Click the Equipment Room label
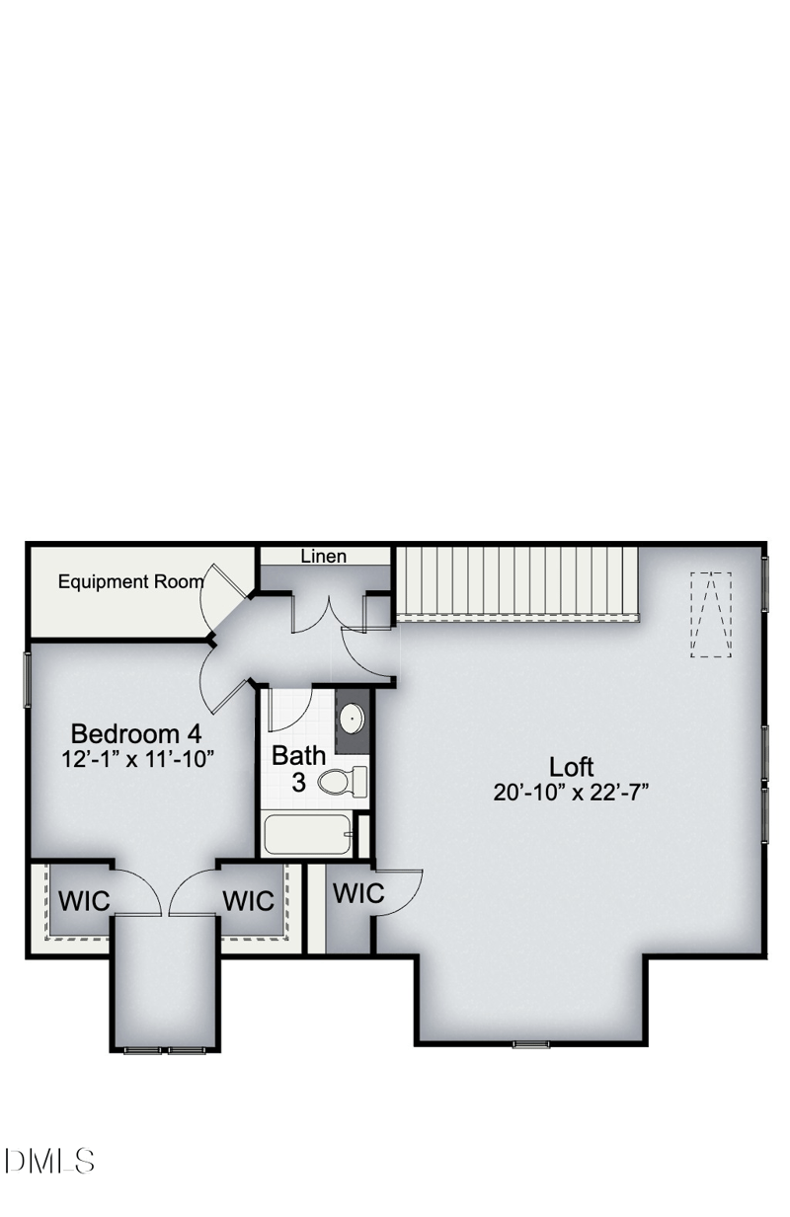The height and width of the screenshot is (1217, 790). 130,581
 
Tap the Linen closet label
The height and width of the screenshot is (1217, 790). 324,557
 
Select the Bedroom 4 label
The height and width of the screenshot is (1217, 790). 136,734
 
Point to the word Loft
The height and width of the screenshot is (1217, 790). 572,767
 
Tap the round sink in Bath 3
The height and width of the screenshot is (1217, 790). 351,717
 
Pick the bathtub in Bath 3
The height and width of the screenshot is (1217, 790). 308,835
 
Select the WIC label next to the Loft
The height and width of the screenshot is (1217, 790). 358,893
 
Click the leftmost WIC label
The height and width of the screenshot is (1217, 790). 84,901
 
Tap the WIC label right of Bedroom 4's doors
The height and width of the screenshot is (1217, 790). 248,901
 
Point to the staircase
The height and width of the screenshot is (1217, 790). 516,582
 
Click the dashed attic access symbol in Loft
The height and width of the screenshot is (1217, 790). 711,614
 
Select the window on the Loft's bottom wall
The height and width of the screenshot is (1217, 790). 531,1043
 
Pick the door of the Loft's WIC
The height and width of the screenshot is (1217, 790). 399,893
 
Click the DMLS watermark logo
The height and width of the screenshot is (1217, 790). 49,1161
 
